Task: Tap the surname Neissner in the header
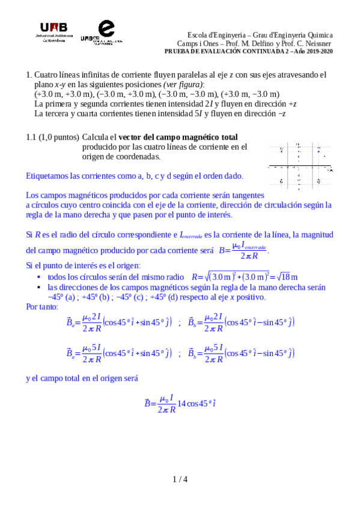tap(319, 43)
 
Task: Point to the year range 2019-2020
tap(318, 51)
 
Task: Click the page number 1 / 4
tap(180, 479)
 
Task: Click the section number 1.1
tap(31, 138)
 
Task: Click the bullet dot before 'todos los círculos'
tap(39, 277)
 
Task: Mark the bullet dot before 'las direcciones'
tap(39, 287)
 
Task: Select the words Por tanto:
tap(43, 307)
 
